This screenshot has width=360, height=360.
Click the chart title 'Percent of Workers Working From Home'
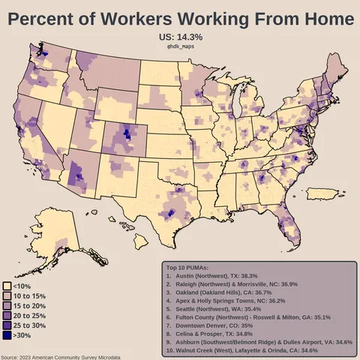pos(180,17)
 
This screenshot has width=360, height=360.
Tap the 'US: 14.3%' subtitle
pos(180,37)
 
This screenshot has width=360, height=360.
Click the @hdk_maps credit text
pos(180,46)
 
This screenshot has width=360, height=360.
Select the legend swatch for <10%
pos(7,286)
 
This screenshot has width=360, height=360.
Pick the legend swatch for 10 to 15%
pos(7,295)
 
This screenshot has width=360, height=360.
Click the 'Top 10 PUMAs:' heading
pos(187,268)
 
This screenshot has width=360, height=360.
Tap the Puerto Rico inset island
pos(321,194)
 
